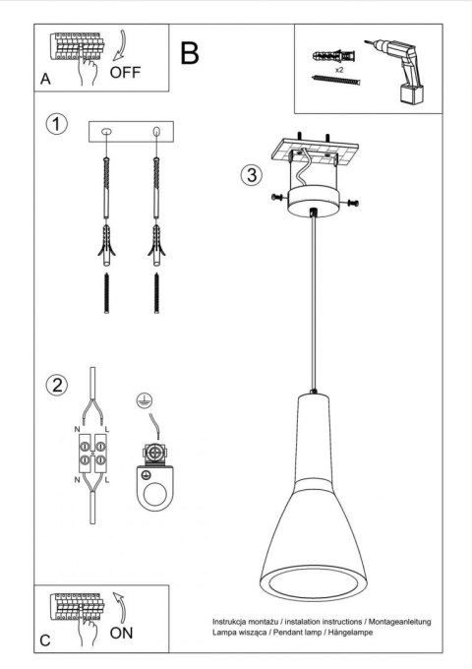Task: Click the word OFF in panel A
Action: click(125, 73)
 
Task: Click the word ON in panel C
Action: click(122, 633)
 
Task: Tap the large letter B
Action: click(190, 53)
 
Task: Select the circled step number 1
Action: click(59, 124)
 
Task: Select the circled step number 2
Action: click(59, 384)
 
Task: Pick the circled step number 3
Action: click(252, 175)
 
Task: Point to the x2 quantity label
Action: click(337, 72)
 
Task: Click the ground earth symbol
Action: click(143, 401)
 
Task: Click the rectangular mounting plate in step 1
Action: click(131, 132)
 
